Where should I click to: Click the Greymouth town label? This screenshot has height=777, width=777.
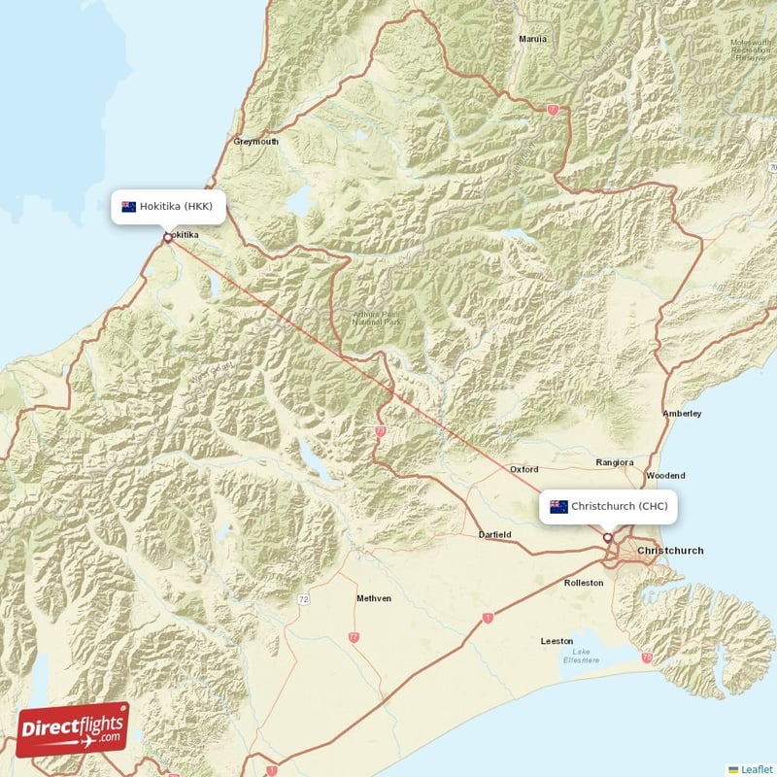(256, 142)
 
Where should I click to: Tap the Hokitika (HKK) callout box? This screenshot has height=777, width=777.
(169, 206)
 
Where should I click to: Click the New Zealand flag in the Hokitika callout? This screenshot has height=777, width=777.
(128, 206)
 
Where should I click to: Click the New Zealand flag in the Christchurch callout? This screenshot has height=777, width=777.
(558, 506)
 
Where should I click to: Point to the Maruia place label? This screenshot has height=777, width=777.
(533, 40)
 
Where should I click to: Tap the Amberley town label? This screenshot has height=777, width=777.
(682, 414)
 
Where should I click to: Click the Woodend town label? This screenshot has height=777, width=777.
(665, 476)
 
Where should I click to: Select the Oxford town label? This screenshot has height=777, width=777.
(524, 470)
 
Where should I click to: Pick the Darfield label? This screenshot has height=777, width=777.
(494, 535)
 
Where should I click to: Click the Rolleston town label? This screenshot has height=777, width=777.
(584, 583)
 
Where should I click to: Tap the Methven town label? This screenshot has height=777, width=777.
(374, 598)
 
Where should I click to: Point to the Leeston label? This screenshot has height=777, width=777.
(557, 642)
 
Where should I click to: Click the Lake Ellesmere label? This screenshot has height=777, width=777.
(581, 656)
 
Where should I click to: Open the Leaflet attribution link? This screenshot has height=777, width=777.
(752, 768)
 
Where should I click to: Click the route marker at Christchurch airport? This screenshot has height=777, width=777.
(608, 537)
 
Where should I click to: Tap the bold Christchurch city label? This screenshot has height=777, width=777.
(670, 551)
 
